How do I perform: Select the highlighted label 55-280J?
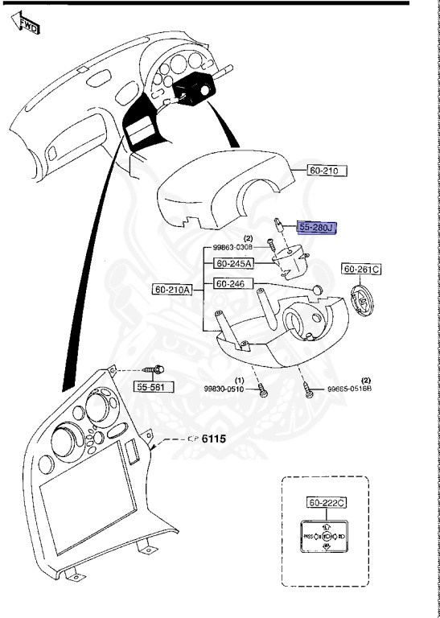316,228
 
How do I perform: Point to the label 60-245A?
233,263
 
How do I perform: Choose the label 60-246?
233,284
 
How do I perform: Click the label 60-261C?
361,269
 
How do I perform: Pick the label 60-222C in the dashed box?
326,503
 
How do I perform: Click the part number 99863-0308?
232,248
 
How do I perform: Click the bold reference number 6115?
213,439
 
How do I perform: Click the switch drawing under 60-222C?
326,535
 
